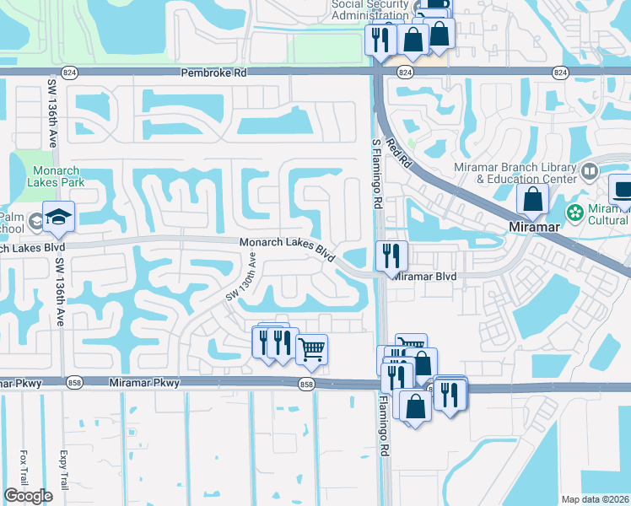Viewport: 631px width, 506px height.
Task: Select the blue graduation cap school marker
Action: tap(58, 218)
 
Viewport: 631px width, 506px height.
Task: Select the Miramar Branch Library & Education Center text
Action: tap(526, 173)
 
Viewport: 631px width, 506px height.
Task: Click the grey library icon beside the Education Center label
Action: tap(591, 172)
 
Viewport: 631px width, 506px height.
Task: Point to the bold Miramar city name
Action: tap(532, 228)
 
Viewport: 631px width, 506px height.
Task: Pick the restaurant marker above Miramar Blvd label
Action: tap(391, 256)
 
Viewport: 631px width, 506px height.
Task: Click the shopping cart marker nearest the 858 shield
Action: tap(311, 349)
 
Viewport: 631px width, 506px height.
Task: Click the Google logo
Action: tap(27, 496)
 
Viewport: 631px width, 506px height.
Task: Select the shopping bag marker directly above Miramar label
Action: tap(532, 200)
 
